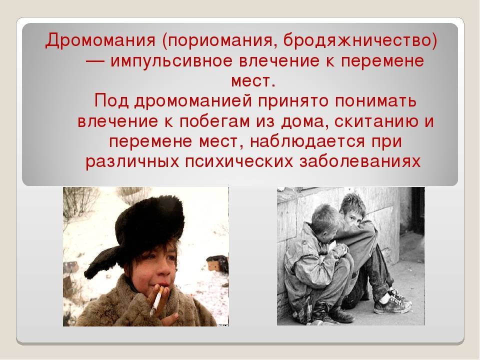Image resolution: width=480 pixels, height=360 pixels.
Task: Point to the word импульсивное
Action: (171, 61)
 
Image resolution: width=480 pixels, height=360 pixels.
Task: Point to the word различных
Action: (132, 162)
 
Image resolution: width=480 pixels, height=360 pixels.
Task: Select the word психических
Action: (239, 162)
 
